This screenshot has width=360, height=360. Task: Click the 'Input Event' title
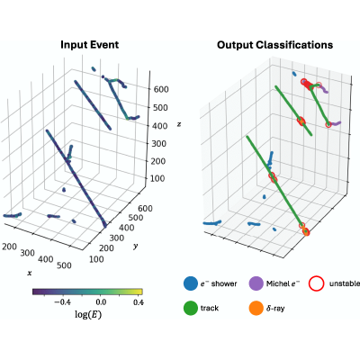tap(89, 45)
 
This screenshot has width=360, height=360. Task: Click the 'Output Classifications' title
tap(274, 45)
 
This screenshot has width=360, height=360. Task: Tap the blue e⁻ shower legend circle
tap(191, 283)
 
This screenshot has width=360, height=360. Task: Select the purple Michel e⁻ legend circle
tap(256, 283)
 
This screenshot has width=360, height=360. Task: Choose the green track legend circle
tap(191, 308)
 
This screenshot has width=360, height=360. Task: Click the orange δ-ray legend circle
tap(256, 308)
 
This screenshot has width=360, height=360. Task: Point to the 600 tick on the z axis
tap(161, 89)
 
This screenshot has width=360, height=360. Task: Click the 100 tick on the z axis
tap(157, 178)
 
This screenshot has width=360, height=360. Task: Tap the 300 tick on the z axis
tap(157, 143)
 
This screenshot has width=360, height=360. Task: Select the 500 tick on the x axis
tap(64, 265)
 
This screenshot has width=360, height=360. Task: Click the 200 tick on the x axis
tap(9, 247)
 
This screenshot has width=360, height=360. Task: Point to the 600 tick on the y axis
tap(145, 208)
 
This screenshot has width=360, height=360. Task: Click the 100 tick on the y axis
tap(96, 259)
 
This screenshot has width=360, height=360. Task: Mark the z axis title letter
tap(179, 124)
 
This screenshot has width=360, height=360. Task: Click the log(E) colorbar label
tap(88, 314)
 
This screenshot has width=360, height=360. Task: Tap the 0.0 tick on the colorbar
tap(101, 302)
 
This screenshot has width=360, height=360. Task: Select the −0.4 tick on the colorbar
tap(62, 302)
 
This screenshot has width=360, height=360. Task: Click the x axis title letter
tap(30, 273)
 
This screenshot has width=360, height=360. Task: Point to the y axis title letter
tap(136, 247)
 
